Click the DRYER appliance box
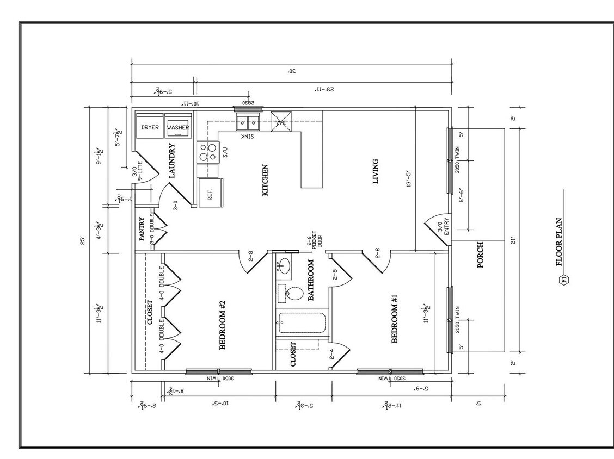tap(150, 127)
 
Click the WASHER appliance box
tap(178, 127)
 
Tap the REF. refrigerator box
tap(211, 193)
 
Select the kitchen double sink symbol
tap(248, 122)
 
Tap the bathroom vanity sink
tap(284, 267)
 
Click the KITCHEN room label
tap(265, 180)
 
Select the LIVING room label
tap(375, 171)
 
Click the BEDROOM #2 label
tap(222, 325)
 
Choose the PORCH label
tap(480, 255)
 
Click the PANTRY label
tap(142, 229)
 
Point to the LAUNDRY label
tap(171, 161)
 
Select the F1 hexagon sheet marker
tap(563, 280)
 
